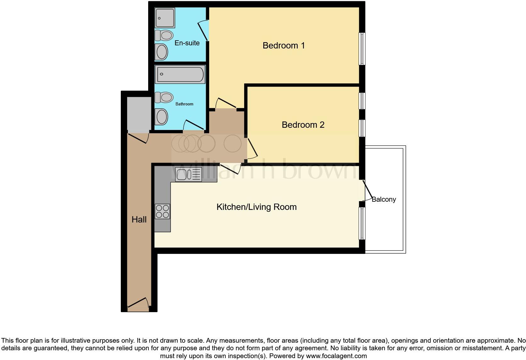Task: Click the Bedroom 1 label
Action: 283,46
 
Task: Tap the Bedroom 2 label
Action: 303,125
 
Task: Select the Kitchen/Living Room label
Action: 256,207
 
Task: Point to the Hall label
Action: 139,220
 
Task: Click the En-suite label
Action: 187,43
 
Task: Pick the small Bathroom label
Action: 184,104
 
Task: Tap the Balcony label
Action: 383,200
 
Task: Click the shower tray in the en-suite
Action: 165,18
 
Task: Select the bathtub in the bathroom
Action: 180,74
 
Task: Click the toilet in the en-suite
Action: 164,35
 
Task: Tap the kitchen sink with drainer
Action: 188,174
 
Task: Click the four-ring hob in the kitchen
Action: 162,211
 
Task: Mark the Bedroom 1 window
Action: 362,49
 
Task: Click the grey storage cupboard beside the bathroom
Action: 139,114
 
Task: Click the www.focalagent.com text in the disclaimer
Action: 336,356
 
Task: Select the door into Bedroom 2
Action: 252,148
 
